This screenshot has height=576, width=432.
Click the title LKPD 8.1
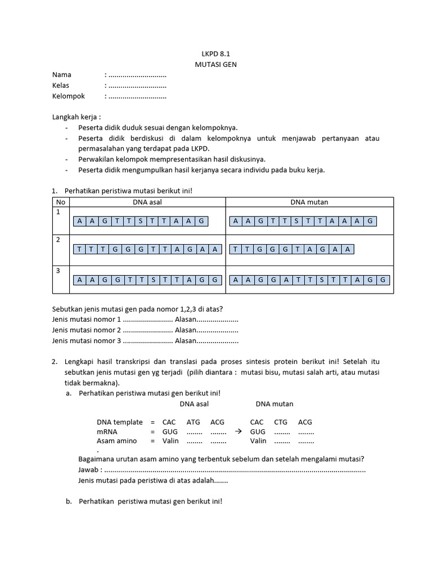tap(215, 54)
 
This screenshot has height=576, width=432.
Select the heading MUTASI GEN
tap(215, 64)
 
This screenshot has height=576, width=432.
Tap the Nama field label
tap(62, 75)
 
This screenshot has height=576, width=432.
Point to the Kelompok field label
tap(69, 96)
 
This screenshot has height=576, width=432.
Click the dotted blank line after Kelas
tap(137, 85)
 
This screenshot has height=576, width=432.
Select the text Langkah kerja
tap(76, 117)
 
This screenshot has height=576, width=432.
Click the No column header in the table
tap(60, 202)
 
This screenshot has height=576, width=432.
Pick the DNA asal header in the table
tap(147, 202)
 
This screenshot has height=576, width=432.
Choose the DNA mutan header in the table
tap(309, 202)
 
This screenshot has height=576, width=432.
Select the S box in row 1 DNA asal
tap(141, 221)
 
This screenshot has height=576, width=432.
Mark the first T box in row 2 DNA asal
tap(79, 249)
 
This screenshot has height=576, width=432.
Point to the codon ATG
tap(193, 422)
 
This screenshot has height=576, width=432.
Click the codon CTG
tap(281, 422)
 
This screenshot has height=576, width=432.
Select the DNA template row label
tap(120, 422)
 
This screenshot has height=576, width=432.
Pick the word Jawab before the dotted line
tap(89, 470)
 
